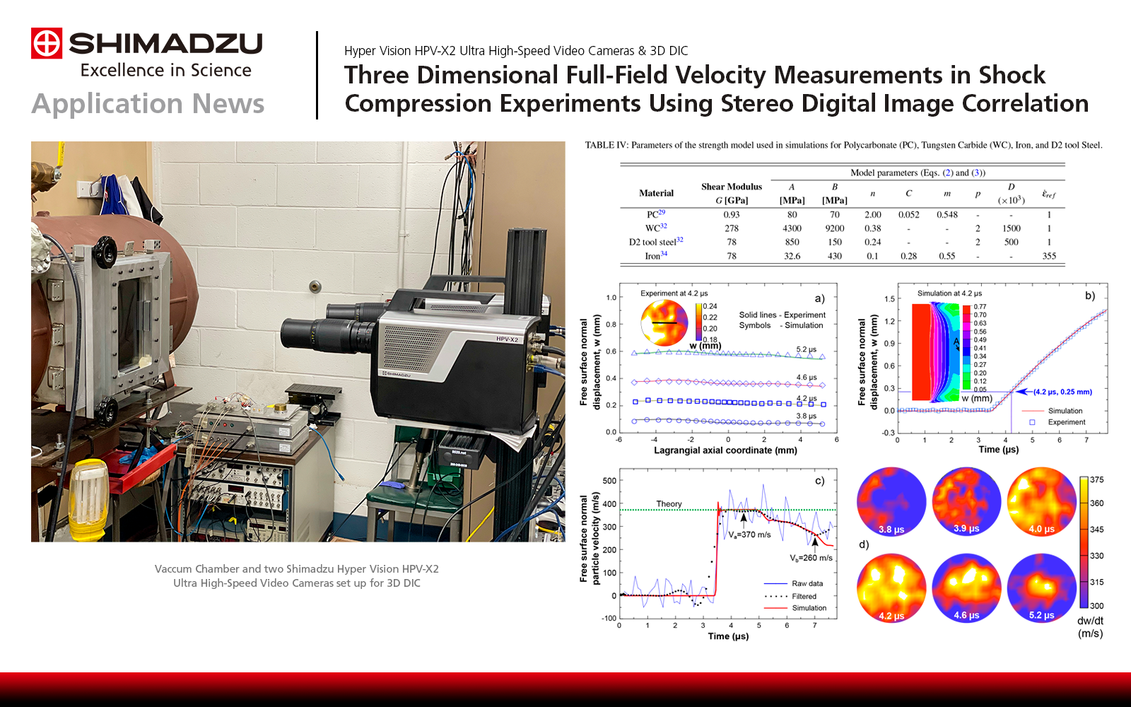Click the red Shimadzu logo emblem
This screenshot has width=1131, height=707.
pyautogui.click(x=47, y=43)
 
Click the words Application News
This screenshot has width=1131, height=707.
pyautogui.click(x=148, y=104)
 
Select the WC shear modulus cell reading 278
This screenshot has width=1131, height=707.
pyautogui.click(x=731, y=228)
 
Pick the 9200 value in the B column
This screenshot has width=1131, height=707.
pyautogui.click(x=834, y=228)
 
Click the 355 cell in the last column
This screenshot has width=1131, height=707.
pyautogui.click(x=1048, y=256)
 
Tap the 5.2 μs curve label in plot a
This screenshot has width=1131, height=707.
pyautogui.click(x=806, y=349)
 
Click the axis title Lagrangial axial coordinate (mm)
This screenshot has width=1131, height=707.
pyautogui.click(x=725, y=450)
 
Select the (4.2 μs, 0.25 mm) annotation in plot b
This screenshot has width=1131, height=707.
pyautogui.click(x=1062, y=392)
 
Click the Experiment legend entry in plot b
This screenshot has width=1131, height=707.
pyautogui.click(x=1066, y=422)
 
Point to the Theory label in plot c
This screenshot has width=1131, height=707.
pyautogui.click(x=669, y=504)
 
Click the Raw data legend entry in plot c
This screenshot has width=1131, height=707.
pyautogui.click(x=807, y=583)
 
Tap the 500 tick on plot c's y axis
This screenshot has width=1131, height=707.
pyautogui.click(x=609, y=481)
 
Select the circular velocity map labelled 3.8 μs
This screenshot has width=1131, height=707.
pyautogui.click(x=891, y=501)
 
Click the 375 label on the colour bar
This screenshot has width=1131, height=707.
pyautogui.click(x=1096, y=479)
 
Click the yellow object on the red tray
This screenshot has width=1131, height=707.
pyautogui.click(x=90, y=488)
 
